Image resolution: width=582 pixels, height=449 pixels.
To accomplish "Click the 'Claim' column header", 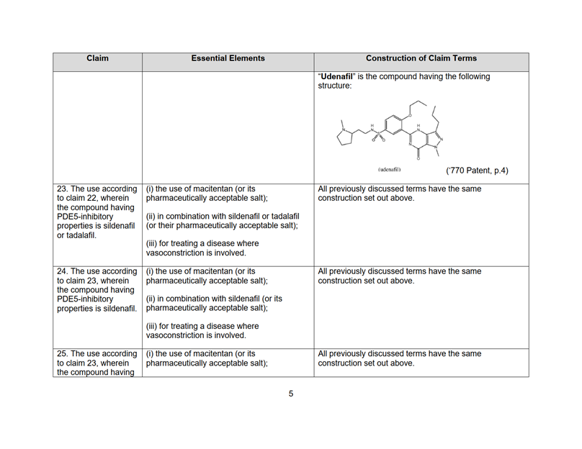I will pos(97,58).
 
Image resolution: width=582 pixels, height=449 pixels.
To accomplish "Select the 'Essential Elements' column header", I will pos(228,58).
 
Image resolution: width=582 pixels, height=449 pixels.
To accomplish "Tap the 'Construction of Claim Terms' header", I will pos(421,58).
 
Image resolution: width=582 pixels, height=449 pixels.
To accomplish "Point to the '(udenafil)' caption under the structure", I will pos(388,169).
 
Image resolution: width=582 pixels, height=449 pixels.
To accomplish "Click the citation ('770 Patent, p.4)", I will pos(477,171).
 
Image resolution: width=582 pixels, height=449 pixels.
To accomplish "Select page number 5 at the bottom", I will pos(291,393).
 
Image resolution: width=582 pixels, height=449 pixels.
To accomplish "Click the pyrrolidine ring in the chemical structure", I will pos(346,135).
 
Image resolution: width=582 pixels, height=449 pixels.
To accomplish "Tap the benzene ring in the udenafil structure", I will pos(396,124).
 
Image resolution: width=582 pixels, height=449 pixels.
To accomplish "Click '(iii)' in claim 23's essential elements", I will pos(153,243).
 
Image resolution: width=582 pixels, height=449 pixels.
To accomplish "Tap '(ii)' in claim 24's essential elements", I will pos(151,298).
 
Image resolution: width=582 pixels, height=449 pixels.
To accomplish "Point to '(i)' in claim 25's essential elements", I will pos(150,353).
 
